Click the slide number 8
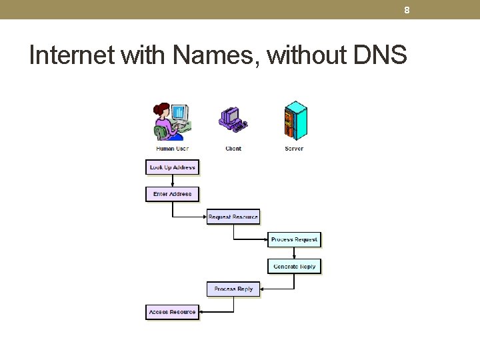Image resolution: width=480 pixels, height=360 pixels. click(407, 10)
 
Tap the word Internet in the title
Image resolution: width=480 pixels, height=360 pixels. click(72, 55)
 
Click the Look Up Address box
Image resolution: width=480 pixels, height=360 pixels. click(172, 167)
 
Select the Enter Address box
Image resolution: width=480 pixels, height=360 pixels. click(172, 194)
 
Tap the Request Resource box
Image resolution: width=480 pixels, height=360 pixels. click(233, 217)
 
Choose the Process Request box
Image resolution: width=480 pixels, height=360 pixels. click(294, 239)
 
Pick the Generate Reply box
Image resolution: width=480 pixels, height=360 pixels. click(294, 266)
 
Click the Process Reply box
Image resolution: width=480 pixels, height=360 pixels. click(233, 289)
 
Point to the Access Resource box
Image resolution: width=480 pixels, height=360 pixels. click(172, 312)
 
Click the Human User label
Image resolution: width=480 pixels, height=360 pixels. click(172, 149)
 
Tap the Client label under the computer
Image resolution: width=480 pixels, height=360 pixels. click(233, 149)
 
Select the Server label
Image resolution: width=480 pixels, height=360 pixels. click(294, 149)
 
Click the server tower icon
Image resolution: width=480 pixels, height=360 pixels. click(295, 121)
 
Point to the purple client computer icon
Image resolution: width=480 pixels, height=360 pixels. click(233, 119)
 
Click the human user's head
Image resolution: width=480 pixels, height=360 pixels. click(161, 109)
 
